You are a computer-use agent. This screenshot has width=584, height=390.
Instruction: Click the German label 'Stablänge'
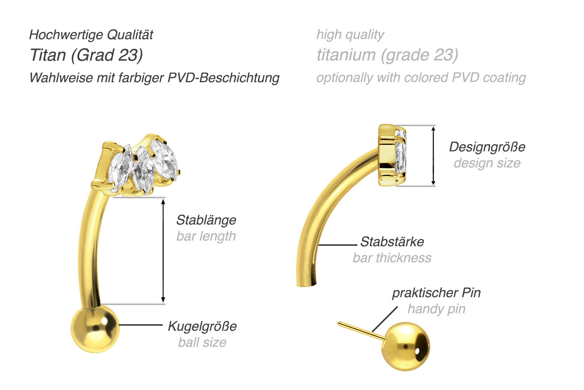coord(206,220)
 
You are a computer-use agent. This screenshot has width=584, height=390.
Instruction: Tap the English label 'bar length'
coord(206,236)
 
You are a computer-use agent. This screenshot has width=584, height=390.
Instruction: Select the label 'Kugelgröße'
coord(202,326)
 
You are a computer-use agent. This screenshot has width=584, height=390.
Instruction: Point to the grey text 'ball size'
coord(202,342)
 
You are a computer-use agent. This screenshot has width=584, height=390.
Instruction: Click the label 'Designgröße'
coord(487,147)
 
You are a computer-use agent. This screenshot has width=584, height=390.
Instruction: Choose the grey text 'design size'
coord(487,163)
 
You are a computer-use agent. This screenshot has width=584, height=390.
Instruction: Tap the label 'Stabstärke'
coord(392,242)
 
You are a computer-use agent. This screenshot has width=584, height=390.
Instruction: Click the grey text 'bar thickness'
coord(392,258)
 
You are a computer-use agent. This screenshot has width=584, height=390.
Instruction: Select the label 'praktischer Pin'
coord(436,293)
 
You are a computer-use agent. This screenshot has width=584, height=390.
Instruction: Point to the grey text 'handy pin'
coord(436,309)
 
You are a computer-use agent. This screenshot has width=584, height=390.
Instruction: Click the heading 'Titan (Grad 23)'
coord(86,55)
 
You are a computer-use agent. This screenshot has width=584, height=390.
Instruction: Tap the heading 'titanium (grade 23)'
coord(387,55)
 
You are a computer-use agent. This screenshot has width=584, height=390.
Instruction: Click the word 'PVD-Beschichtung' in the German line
coord(223,78)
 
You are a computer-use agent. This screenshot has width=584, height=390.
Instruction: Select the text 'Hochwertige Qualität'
coord(91,35)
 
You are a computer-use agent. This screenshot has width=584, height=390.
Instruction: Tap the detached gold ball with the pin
coord(405,346)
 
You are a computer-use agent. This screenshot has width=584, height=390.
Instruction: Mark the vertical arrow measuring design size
coord(434,155)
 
